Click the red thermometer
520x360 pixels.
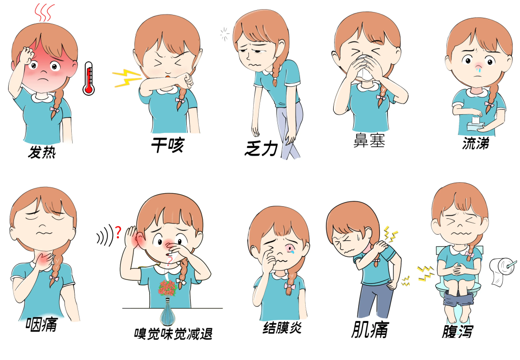pos(89,79)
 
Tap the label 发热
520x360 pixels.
pos(42,152)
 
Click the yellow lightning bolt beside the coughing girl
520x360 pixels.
pos(127,78)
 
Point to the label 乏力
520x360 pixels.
pos(261,148)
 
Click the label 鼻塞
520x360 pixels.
pos(369,140)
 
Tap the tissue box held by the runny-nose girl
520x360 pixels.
pos(475,125)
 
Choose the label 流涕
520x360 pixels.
pos(476,143)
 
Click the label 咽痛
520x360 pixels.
pos(42,324)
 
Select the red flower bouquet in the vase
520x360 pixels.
pos(168,288)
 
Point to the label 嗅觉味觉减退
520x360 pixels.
pos(173,334)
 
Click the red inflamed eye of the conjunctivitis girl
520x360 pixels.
pos(290,248)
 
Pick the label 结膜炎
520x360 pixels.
pos(282,328)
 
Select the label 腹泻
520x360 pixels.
pos(457,331)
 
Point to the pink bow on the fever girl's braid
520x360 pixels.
pos(55,109)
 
